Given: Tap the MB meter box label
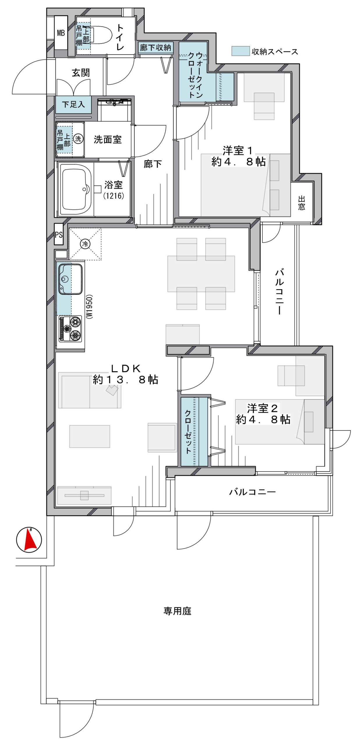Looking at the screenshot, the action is click(x=61, y=33).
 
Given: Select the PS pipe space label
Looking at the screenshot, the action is click(x=59, y=235).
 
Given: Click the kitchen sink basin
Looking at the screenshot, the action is click(x=70, y=279).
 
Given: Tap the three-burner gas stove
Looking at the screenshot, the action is click(x=70, y=329).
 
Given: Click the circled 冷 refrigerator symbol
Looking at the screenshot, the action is click(x=85, y=244).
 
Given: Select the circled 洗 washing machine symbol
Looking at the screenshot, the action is click(x=78, y=138).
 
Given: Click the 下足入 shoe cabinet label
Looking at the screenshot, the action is click(x=73, y=104).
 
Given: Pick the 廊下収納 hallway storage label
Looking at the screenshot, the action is click(x=155, y=47).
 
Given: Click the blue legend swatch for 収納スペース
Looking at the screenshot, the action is click(x=241, y=51).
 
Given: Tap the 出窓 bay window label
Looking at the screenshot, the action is click(x=301, y=203).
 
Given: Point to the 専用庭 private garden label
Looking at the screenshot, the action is click(x=177, y=611).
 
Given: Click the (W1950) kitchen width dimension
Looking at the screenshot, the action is click(x=90, y=306).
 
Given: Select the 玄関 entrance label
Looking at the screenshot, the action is click(x=81, y=73).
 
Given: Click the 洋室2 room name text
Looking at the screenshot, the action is click(x=262, y=408).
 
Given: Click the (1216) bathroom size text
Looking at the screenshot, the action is click(x=114, y=195).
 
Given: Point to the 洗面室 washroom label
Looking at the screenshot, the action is click(x=107, y=140).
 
